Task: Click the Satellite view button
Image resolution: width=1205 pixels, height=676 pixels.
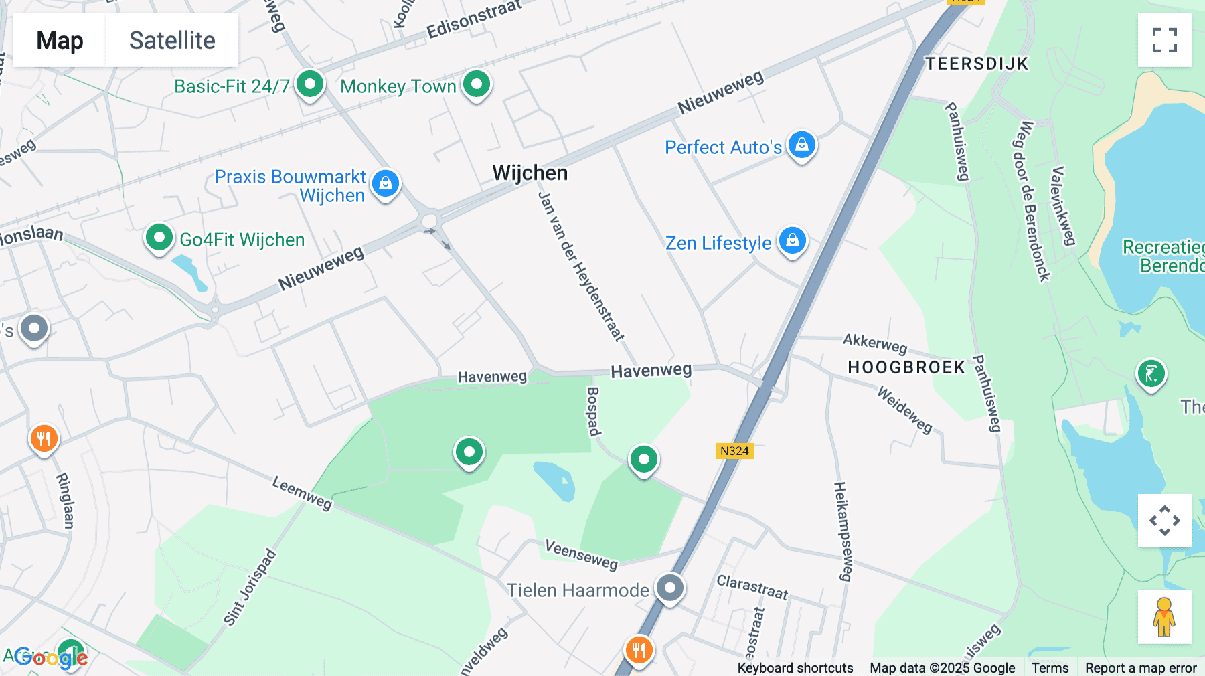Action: tap(172, 40)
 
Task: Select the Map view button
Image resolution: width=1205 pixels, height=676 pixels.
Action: tap(60, 40)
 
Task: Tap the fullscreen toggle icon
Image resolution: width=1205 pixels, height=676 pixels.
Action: tap(1164, 40)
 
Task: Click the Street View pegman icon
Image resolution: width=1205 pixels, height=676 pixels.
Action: tap(1164, 616)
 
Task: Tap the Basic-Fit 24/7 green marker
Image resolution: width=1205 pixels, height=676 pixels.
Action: tap(310, 85)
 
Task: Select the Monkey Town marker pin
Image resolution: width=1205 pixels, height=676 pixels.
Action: tap(477, 85)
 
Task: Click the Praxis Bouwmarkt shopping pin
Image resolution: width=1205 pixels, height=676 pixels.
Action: tap(386, 183)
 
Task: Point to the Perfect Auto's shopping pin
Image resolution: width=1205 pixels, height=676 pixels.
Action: tap(801, 145)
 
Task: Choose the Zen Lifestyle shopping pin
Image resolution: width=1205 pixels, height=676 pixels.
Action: tap(792, 240)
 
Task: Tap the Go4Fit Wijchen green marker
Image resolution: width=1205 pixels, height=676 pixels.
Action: tap(159, 238)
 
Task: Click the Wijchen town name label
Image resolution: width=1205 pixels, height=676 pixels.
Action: tap(530, 173)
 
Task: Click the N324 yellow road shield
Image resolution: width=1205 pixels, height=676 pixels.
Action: tap(734, 451)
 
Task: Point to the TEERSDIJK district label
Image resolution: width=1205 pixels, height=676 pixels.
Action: tap(976, 64)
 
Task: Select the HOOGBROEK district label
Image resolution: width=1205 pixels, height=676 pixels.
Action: tap(906, 367)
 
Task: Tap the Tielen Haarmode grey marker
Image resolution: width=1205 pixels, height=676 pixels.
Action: tap(669, 589)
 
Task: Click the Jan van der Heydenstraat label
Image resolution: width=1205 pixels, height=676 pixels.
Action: tap(581, 266)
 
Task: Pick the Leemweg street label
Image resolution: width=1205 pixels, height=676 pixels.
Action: tap(302, 493)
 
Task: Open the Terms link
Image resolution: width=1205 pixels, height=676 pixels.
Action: tap(1050, 667)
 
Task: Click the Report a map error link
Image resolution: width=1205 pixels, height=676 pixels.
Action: tap(1141, 667)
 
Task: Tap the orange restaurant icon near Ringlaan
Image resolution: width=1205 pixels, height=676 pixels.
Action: tap(44, 440)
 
